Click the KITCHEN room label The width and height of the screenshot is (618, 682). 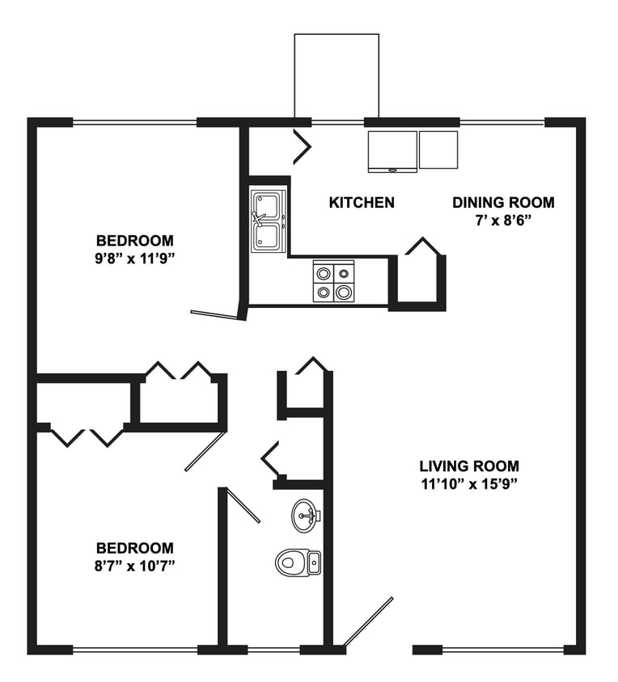[x=362, y=203]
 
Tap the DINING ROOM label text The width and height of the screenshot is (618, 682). [x=503, y=203]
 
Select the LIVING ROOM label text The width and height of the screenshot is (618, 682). [x=469, y=466]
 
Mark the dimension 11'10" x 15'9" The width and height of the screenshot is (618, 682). [x=469, y=484]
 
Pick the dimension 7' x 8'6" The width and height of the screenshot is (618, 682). [x=503, y=220]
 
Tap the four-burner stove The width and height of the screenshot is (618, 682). [x=335, y=282]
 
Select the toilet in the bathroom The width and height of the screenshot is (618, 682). [x=297, y=561]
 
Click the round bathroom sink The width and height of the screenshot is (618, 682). [x=305, y=515]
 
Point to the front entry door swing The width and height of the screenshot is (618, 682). [x=368, y=622]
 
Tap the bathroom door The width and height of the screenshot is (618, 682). [x=242, y=506]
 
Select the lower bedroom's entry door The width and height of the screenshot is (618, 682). [x=205, y=451]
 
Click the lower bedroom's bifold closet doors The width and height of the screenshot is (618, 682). [x=87, y=436]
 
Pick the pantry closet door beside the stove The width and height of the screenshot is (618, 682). [x=422, y=246]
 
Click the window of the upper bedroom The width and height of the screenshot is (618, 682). [x=134, y=123]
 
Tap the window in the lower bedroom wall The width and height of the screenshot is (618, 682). [x=134, y=649]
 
